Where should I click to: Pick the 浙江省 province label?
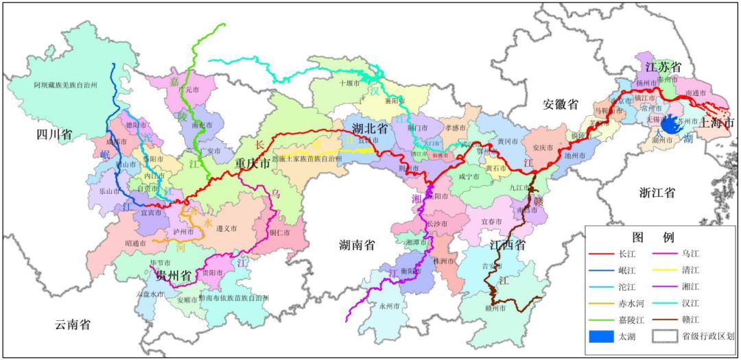657,193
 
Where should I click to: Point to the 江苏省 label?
662,67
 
